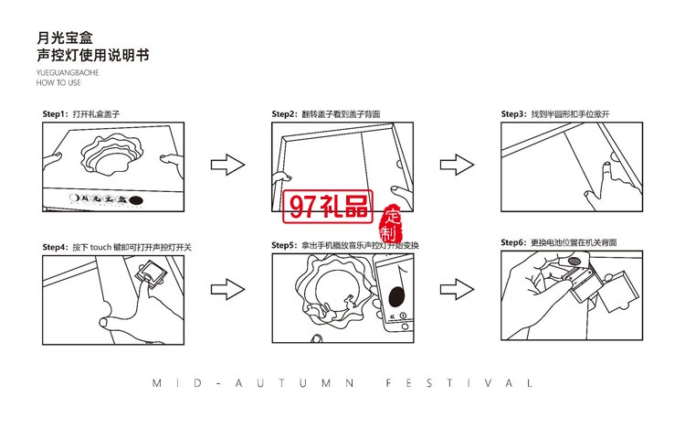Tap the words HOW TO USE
(58, 81)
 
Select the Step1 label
(56, 114)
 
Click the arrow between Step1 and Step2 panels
(227, 166)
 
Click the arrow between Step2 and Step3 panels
(456, 166)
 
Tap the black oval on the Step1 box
(136, 198)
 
